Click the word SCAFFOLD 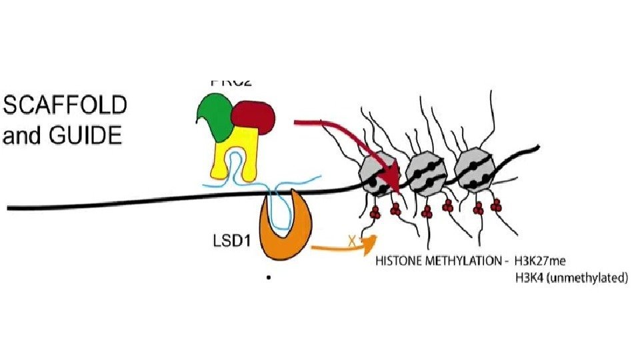(65, 106)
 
